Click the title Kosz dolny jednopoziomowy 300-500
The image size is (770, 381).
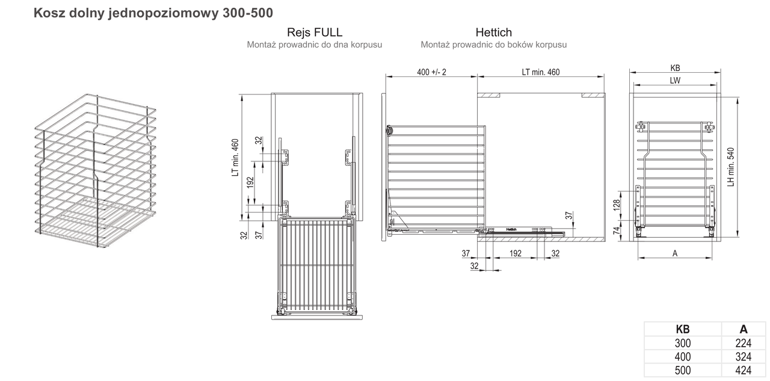click(x=153, y=13)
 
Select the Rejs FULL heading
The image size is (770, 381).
click(x=315, y=33)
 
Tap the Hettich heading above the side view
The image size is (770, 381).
click(x=494, y=33)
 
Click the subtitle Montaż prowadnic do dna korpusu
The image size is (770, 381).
click(x=315, y=45)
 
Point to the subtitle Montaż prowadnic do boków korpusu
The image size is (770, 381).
click(x=494, y=45)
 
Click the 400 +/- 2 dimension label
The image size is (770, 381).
click(x=431, y=72)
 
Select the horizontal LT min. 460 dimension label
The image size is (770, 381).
click(x=541, y=72)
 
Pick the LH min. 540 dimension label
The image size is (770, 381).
click(x=731, y=167)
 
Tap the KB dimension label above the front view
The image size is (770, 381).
click(x=675, y=68)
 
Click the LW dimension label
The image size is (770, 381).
click(x=675, y=81)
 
